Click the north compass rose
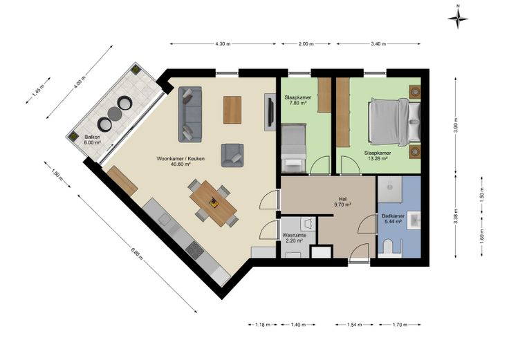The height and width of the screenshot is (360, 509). [x=458, y=19]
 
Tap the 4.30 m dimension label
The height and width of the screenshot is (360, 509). [x=223, y=44]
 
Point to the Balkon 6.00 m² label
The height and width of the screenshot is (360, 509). [x=93, y=140]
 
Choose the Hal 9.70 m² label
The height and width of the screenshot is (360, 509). [x=342, y=202]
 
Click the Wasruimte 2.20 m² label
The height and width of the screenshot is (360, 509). [x=294, y=238]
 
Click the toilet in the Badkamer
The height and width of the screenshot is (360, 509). [x=389, y=247]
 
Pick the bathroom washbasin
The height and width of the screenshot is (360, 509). [x=414, y=220]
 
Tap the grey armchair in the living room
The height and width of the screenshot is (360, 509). [x=232, y=155]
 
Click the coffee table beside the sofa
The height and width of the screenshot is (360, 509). [x=232, y=110]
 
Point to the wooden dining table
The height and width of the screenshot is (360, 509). [x=213, y=203]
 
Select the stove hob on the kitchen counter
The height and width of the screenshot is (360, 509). [x=195, y=249]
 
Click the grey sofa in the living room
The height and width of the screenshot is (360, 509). [x=190, y=114]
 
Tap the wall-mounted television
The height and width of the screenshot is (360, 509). [x=270, y=112]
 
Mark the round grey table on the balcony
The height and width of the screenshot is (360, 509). [x=115, y=113]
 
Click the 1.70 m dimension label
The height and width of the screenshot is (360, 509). [x=400, y=324]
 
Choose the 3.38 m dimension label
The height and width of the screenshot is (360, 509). [x=456, y=216]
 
